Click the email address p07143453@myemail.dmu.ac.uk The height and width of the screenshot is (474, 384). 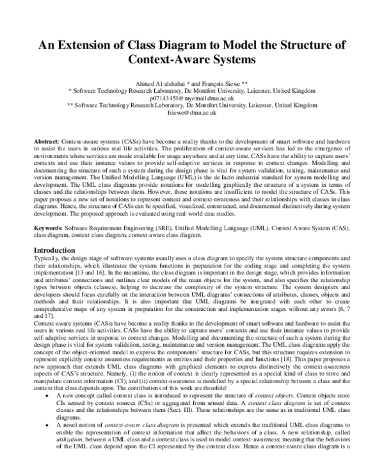(192, 100)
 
